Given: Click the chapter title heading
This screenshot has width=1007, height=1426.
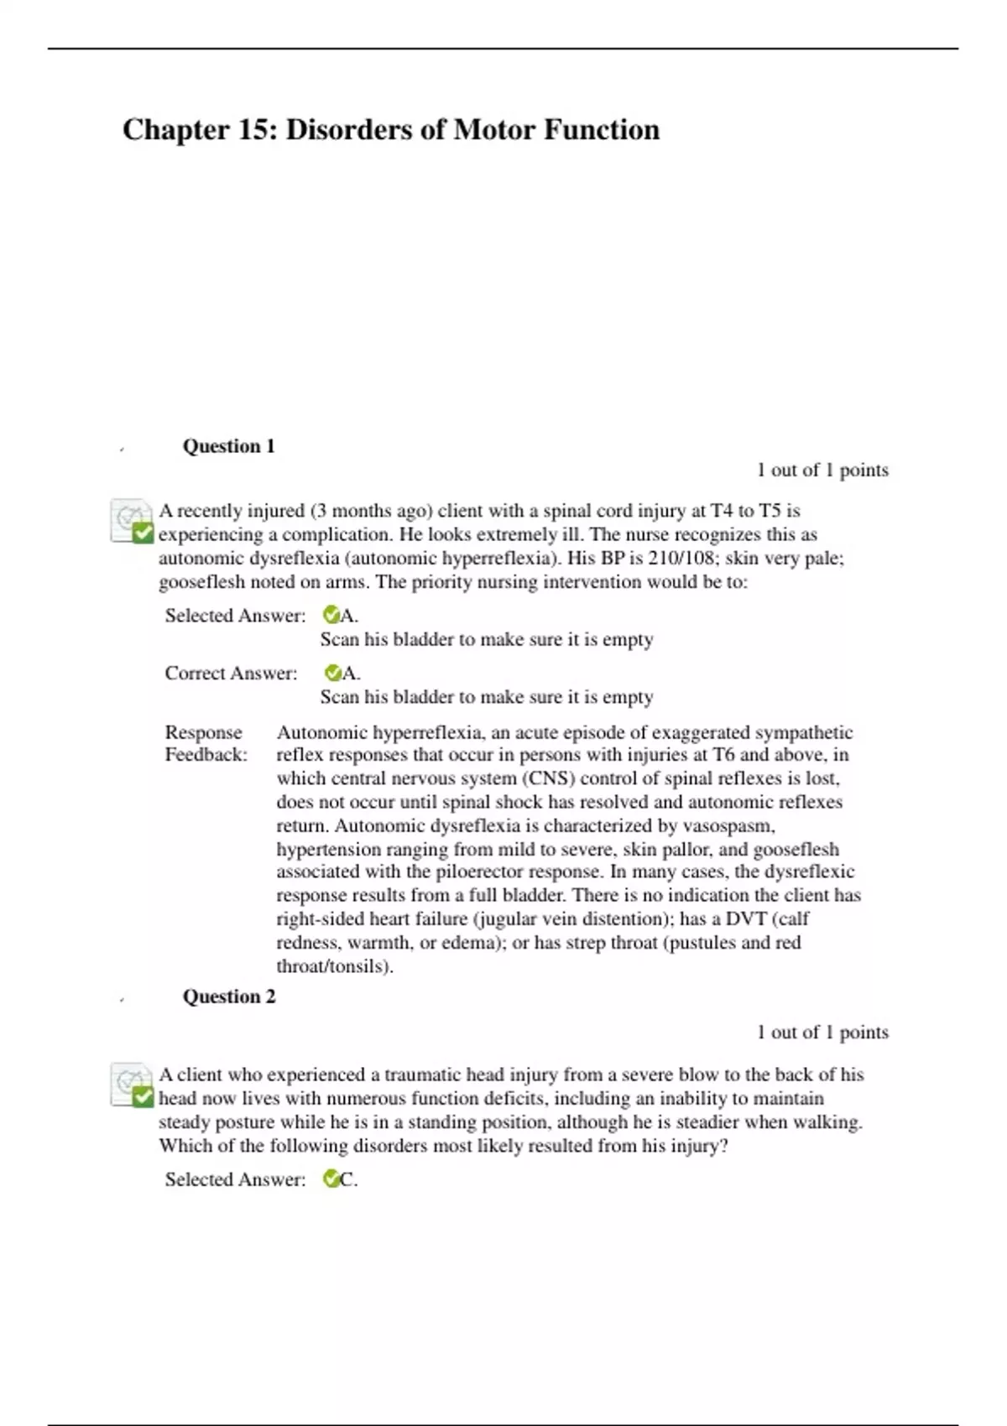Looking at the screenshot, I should click(x=391, y=130).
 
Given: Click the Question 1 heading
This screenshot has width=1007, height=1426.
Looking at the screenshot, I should click(x=229, y=446).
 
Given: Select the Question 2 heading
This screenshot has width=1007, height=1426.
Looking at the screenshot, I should click(x=229, y=997).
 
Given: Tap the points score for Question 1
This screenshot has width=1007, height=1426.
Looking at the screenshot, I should click(x=822, y=470).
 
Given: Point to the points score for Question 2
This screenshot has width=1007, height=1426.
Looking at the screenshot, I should click(x=822, y=1032).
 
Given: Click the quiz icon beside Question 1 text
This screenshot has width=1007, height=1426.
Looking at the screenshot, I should click(x=132, y=521).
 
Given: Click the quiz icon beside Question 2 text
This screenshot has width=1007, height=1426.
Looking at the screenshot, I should click(x=132, y=1085).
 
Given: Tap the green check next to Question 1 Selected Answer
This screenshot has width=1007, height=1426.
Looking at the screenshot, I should click(x=331, y=616).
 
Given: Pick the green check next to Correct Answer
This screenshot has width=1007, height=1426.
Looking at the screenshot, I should click(x=332, y=673).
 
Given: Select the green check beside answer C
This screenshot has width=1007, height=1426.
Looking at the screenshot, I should click(x=331, y=1179).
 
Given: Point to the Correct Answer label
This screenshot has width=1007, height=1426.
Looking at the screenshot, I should click(x=231, y=674).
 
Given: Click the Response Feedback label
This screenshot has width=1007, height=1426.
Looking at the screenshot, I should click(x=206, y=743).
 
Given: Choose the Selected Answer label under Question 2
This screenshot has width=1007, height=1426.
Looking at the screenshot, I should click(x=235, y=1179).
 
